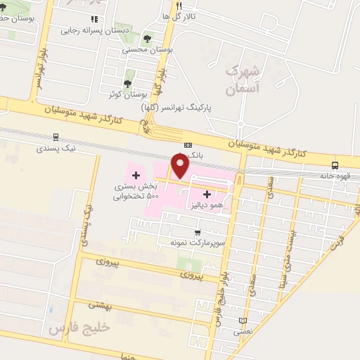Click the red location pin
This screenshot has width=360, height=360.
(x=180, y=165)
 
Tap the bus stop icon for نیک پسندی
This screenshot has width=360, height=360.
(x=56, y=138)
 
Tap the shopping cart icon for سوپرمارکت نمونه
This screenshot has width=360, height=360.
(x=198, y=232)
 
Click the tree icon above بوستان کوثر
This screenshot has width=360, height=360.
(x=127, y=84)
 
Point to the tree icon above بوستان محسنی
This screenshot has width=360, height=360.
(x=147, y=39)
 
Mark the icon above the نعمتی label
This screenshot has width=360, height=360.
(x=243, y=321)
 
